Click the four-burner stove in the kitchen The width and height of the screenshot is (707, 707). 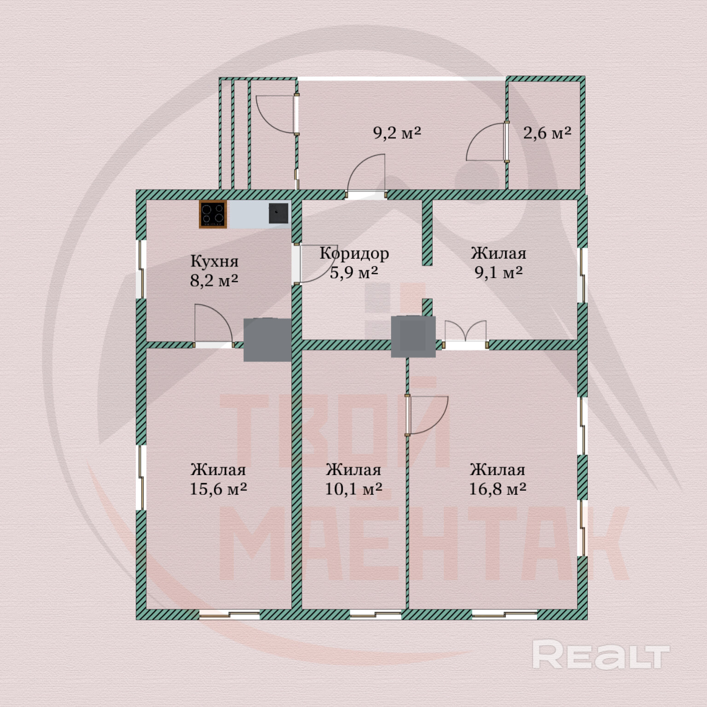tap(213, 214)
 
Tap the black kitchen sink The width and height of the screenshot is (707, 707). tap(278, 213)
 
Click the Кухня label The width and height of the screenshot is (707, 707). tap(214, 261)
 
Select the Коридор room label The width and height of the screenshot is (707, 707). tap(354, 253)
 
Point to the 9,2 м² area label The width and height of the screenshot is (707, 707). tap(397, 133)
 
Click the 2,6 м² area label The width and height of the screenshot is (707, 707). tap(547, 133)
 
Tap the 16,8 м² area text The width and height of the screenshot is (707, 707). tap(498, 489)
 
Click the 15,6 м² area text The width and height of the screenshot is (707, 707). tap(218, 489)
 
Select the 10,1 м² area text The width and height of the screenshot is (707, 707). tap(353, 489)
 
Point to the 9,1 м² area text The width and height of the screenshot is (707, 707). tap(498, 272)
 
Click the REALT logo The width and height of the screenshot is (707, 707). tap(600, 655)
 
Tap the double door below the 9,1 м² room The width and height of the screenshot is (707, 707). tap(465, 335)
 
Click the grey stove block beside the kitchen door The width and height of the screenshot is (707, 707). tap(267, 339)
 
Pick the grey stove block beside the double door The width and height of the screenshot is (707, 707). tap(413, 336)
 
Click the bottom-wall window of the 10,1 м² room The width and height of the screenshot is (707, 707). tap(376, 614)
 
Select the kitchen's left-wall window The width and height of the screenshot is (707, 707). tap(141, 269)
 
